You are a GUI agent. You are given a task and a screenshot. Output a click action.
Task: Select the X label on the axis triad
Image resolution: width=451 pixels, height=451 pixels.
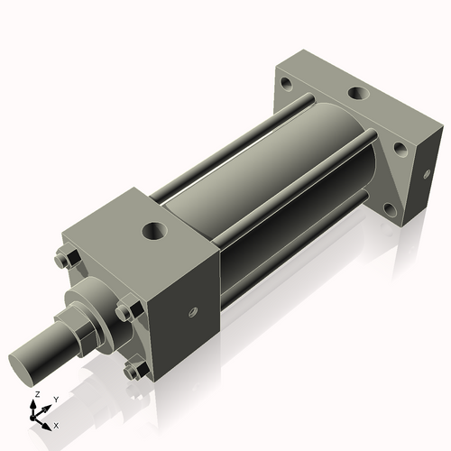pos(56,424)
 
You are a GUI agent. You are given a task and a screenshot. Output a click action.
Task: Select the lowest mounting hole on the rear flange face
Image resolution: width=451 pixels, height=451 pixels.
pos(390,209)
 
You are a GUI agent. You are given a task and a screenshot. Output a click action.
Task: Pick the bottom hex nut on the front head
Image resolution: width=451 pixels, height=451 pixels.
pos(135,370)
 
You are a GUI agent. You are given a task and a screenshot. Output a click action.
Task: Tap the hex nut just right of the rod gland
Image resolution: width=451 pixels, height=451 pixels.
pos(131,310)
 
